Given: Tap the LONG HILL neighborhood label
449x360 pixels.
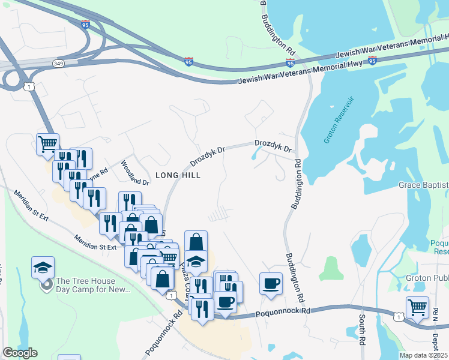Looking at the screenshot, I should click(x=178, y=175).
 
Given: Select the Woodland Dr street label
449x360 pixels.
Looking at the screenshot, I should click(x=134, y=173).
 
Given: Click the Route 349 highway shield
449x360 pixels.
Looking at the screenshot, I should click(x=58, y=62).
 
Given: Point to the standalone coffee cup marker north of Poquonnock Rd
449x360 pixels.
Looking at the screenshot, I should click(x=271, y=283).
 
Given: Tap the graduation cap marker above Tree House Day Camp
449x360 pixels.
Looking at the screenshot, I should click(x=43, y=268).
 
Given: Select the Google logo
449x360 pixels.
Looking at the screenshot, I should click(x=20, y=353).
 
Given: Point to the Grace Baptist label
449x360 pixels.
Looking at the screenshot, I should click(x=424, y=185).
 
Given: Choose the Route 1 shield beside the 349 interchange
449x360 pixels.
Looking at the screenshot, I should click(x=29, y=88).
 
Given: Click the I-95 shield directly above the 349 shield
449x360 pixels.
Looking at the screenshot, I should click(x=85, y=25).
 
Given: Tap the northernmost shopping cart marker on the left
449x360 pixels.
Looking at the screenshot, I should click(x=47, y=144).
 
